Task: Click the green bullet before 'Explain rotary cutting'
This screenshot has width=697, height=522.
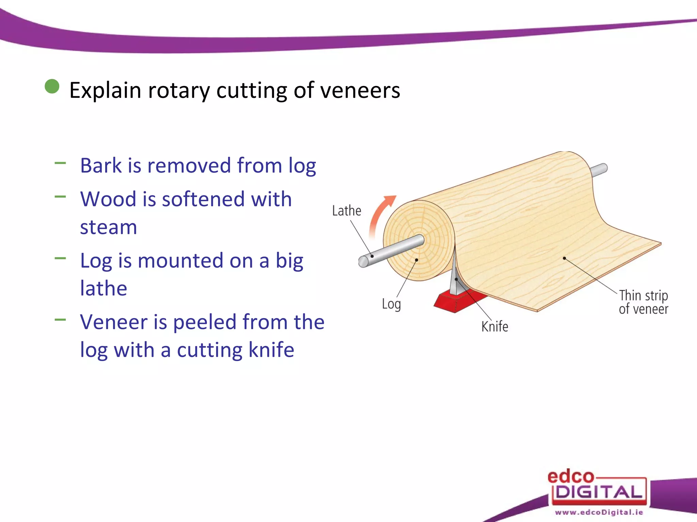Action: tap(52, 86)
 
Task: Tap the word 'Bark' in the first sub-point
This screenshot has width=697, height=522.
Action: tap(101, 166)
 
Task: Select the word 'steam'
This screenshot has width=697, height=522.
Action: tap(109, 227)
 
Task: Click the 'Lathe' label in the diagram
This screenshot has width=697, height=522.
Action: tap(346, 211)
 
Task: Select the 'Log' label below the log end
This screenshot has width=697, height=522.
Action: tap(391, 304)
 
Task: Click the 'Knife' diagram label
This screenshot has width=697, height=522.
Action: tap(495, 327)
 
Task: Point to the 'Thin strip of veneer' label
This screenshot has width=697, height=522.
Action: tap(643, 302)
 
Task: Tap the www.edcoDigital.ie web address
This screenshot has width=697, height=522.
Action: tap(599, 512)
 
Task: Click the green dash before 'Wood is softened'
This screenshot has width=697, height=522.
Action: tap(60, 196)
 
